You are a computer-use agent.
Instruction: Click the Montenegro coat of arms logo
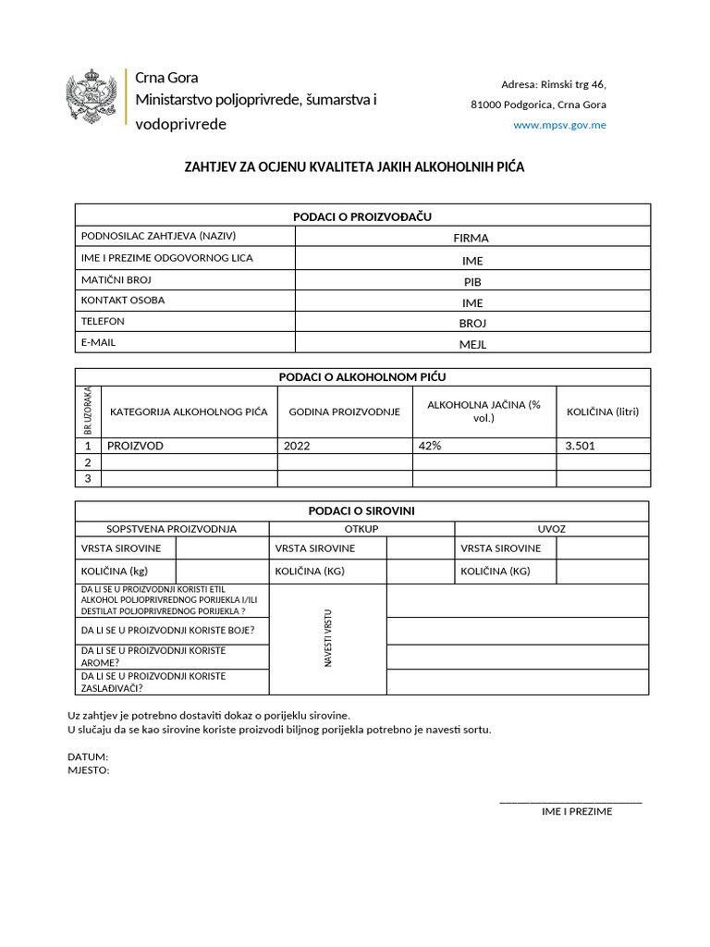click(x=92, y=96)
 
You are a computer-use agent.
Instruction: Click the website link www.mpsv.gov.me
click(x=559, y=125)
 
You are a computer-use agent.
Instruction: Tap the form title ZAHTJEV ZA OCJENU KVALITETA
click(x=354, y=167)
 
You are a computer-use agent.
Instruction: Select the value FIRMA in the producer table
click(x=471, y=238)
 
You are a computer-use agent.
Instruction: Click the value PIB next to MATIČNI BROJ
click(x=472, y=281)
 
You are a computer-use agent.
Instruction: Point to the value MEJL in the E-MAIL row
click(x=472, y=344)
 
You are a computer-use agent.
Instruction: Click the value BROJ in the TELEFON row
click(x=472, y=323)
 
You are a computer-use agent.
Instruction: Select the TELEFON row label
click(x=103, y=322)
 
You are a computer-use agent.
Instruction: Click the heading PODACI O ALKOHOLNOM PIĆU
click(x=362, y=376)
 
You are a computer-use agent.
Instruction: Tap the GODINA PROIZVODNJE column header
click(x=344, y=412)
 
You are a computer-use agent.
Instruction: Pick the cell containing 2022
click(x=298, y=446)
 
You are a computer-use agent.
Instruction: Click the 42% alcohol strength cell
click(x=430, y=446)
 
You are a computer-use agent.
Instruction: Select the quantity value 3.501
click(x=580, y=446)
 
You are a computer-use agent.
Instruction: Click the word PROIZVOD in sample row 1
click(x=135, y=446)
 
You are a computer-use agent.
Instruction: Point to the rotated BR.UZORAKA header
click(x=88, y=411)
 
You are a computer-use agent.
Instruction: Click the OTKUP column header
click(x=361, y=529)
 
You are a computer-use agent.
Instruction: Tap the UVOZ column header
click(x=551, y=529)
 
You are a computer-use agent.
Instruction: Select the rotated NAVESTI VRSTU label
click(x=327, y=639)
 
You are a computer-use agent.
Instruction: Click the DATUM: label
click(x=88, y=756)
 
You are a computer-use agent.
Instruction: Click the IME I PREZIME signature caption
click(x=577, y=811)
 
